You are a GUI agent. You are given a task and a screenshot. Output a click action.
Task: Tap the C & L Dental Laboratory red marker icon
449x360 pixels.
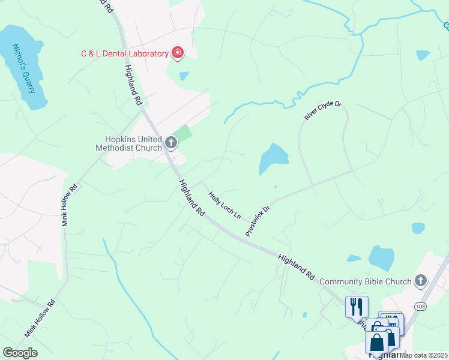pos(178,53)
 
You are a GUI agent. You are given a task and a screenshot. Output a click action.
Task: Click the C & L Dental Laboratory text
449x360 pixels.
pos(125,53)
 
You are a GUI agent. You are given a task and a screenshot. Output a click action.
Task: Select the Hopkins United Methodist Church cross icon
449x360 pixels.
pos(171,143)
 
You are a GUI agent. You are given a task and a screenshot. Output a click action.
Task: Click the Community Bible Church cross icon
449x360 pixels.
pos(421,280)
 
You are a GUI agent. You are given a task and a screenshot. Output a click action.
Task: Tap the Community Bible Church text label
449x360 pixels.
pos(366,281)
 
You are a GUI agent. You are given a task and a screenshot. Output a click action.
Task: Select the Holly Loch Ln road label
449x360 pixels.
pos(224,204)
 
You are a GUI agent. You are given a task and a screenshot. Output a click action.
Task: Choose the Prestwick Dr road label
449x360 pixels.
pos(258,220)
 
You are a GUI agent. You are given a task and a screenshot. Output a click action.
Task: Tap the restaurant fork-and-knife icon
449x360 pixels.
pos(357,306)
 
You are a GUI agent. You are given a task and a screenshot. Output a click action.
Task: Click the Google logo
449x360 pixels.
pos(20,353)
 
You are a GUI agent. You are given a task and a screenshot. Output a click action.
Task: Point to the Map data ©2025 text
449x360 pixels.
pos(424,355)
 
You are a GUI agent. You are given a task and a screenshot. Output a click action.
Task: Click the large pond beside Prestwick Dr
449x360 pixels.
pos(274,158)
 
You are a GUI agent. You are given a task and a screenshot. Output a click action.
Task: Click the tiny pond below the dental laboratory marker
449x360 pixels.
pos(184,76)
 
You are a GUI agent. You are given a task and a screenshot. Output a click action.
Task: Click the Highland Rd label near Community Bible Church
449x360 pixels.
pos(297,266)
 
